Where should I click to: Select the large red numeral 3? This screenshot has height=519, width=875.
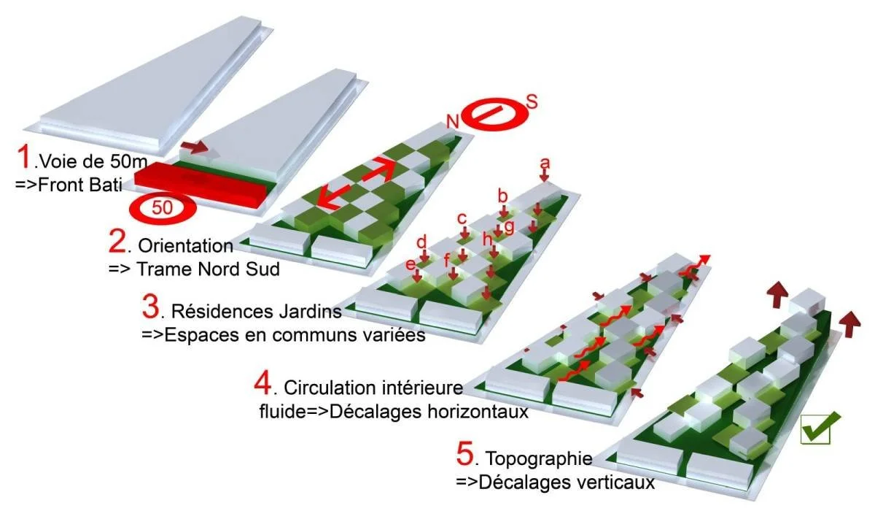[x=151, y=307]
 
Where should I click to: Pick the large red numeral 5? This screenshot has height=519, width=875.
[x=465, y=455]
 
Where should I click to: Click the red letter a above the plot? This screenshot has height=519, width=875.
[x=544, y=163]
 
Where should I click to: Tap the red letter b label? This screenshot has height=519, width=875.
[x=502, y=195]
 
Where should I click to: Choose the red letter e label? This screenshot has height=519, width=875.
[x=411, y=262]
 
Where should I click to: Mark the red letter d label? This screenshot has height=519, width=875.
[x=421, y=242]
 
